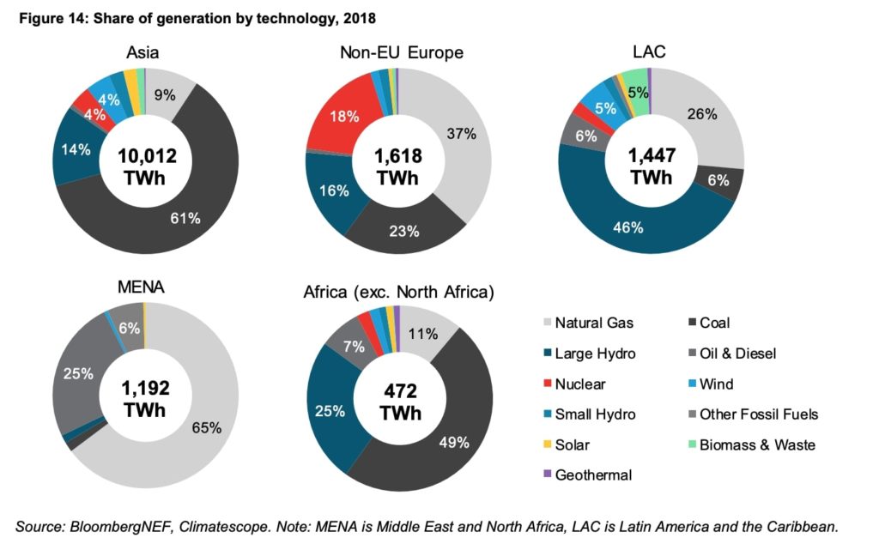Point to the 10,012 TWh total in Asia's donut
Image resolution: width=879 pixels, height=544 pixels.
(x=140, y=167)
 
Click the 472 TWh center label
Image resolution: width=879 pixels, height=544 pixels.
(x=398, y=402)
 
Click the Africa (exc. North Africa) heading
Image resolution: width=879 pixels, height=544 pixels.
(x=399, y=292)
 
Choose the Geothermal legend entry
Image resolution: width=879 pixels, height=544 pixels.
(x=593, y=474)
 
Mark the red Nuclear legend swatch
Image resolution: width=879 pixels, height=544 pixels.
(x=546, y=384)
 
